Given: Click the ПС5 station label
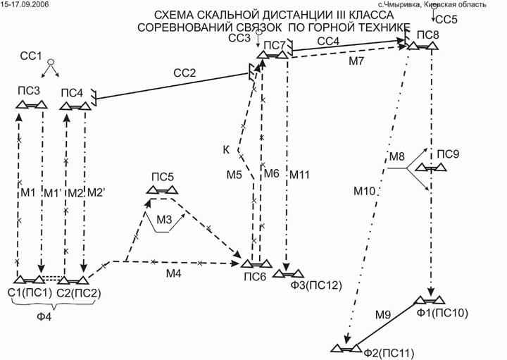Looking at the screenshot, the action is [x=163, y=177].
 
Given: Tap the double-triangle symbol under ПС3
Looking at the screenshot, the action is [x=32, y=105].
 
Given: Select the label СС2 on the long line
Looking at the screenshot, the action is [x=184, y=73].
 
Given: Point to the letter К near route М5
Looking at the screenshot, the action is [x=226, y=150].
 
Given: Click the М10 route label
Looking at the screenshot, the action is [x=365, y=191].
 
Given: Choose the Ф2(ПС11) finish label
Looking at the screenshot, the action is [x=389, y=353].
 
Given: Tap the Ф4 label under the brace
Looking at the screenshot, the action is [x=44, y=316].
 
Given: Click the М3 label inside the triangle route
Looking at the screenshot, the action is [x=164, y=220].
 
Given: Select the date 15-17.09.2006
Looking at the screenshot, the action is [x=25, y=4].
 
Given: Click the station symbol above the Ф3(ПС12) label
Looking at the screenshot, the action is [x=288, y=274].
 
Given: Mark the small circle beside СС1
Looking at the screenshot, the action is [x=51, y=61].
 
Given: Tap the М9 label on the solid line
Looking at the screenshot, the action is [x=383, y=314].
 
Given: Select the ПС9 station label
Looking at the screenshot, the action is [x=448, y=154].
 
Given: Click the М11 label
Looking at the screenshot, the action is [x=299, y=175].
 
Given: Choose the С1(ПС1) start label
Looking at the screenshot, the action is [x=30, y=293].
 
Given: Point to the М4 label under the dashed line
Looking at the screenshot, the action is [x=174, y=274].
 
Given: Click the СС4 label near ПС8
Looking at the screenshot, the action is [x=328, y=42].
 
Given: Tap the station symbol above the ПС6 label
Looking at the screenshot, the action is [x=257, y=264].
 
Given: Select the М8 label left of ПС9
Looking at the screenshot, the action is [x=397, y=157].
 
